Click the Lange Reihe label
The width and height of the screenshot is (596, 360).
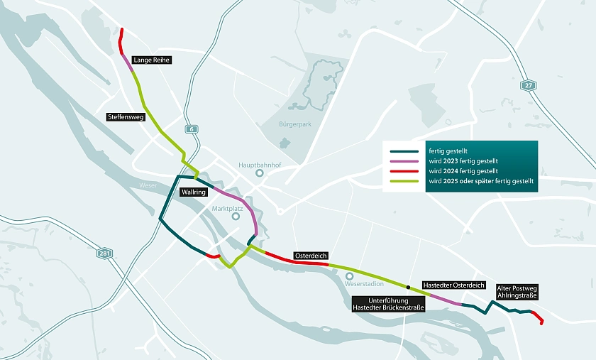(153, 60)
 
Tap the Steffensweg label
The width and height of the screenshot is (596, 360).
(126, 117)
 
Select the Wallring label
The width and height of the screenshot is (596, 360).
(193, 192)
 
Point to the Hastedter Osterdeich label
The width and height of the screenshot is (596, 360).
(454, 285)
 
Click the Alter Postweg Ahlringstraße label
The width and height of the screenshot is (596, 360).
(517, 292)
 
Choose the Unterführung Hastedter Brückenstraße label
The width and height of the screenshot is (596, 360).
(388, 305)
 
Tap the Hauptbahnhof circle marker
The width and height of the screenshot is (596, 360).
(260, 173)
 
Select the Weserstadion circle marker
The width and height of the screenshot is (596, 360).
(349, 276)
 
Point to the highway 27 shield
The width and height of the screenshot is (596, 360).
(527, 85)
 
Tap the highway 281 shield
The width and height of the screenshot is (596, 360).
(105, 252)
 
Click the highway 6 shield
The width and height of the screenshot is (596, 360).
(191, 129)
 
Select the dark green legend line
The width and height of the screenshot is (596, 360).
(405, 151)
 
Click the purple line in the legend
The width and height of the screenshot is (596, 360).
(405, 161)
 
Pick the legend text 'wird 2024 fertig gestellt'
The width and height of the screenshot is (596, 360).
(463, 171)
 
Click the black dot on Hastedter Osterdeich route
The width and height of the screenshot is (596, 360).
(408, 287)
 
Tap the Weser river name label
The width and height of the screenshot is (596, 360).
(148, 185)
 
